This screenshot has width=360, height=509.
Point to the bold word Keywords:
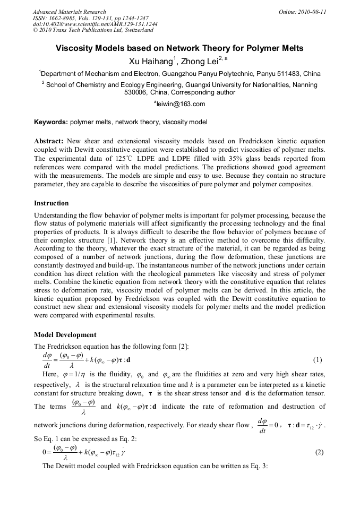tap(50, 122)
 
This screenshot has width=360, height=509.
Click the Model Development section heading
tap(65, 335)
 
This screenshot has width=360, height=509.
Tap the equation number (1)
tap(318, 360)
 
